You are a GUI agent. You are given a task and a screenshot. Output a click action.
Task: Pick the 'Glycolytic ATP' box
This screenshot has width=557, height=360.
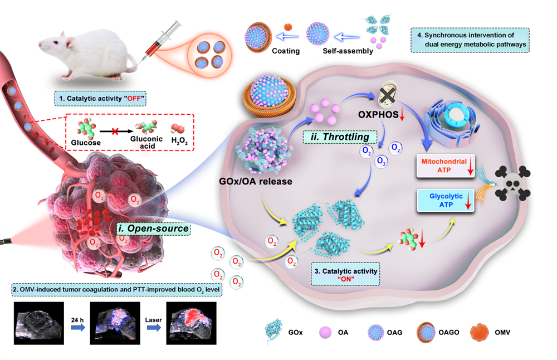[x=444, y=201]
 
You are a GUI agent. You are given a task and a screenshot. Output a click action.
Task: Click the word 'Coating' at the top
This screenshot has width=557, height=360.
[x=286, y=51]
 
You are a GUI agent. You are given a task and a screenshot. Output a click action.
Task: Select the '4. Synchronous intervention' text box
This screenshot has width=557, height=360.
[x=470, y=40]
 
